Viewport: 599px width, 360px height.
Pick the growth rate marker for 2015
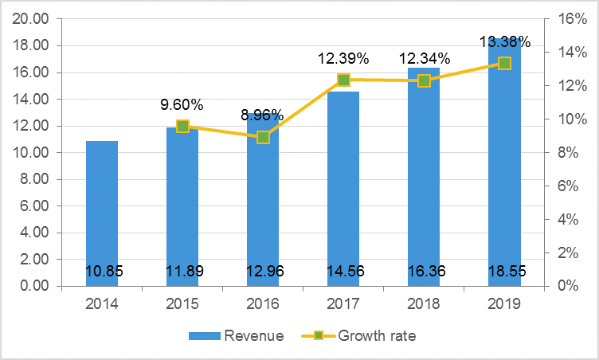[182, 126]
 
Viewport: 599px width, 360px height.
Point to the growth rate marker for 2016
[263, 137]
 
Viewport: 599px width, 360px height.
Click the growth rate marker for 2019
[503, 63]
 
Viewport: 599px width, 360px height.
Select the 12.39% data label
[343, 58]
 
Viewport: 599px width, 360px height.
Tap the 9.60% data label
[182, 104]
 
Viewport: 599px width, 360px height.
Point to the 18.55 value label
[503, 272]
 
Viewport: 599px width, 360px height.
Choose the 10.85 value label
[102, 272]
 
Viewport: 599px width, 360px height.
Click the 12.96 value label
[263, 272]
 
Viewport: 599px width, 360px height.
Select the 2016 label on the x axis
[263, 303]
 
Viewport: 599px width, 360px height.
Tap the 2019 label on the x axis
[503, 303]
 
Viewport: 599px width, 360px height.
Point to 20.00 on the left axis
[31, 19]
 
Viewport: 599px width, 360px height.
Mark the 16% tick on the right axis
[566, 19]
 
